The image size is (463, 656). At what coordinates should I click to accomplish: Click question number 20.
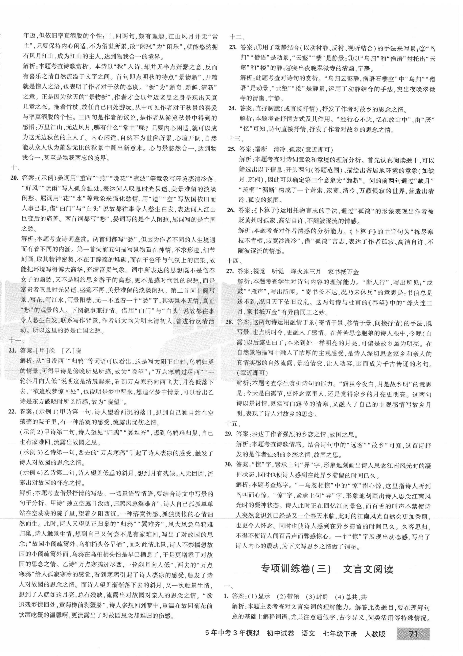[x=14, y=178]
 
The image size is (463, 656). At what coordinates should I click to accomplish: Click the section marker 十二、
[x=236, y=37]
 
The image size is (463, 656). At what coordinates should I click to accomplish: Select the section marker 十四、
[x=234, y=260]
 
